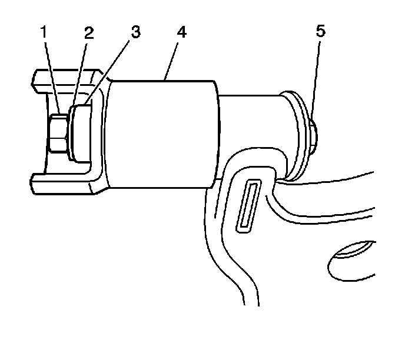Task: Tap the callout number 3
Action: (x=135, y=32)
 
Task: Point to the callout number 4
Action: (x=182, y=33)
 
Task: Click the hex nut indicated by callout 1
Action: (x=58, y=134)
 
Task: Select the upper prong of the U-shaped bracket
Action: (x=65, y=79)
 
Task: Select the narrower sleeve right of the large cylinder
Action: (x=253, y=126)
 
